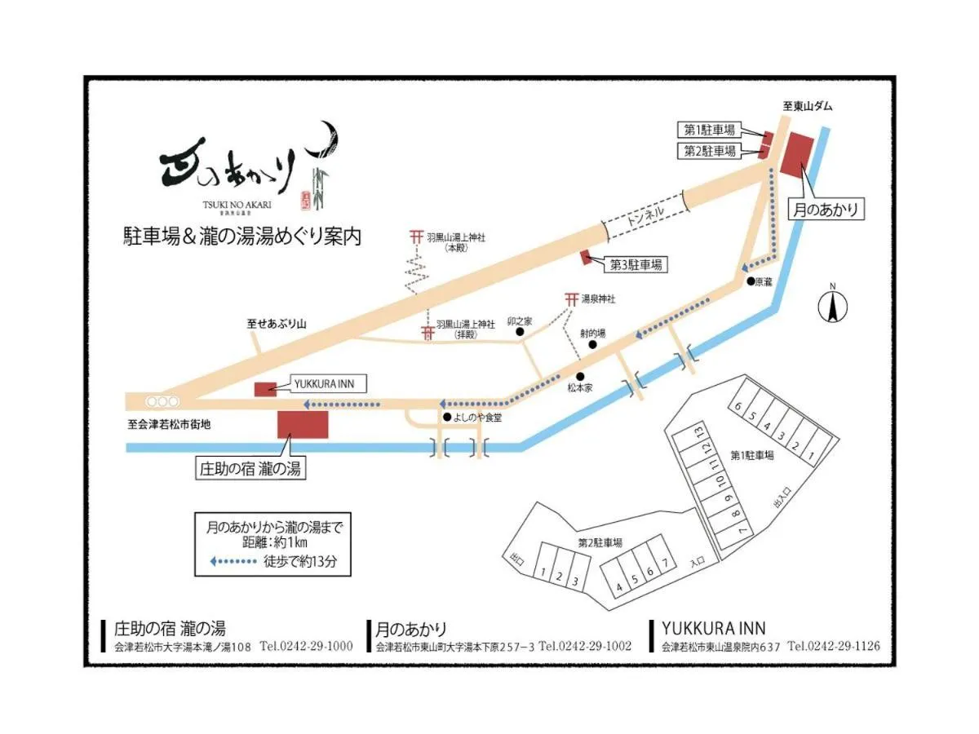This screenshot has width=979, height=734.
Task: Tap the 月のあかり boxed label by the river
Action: point(826,209)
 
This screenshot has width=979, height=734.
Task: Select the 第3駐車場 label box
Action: point(636,264)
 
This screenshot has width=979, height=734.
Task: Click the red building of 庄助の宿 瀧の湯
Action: point(303,425)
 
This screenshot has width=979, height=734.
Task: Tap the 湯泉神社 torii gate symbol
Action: point(570,300)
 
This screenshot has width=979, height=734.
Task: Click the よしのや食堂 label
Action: point(479,418)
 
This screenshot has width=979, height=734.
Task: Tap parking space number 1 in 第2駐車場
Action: point(542,576)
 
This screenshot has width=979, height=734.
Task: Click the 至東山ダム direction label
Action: point(808,107)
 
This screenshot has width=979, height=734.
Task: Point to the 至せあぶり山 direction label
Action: point(277,324)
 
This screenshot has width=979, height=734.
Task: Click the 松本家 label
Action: point(580,389)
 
